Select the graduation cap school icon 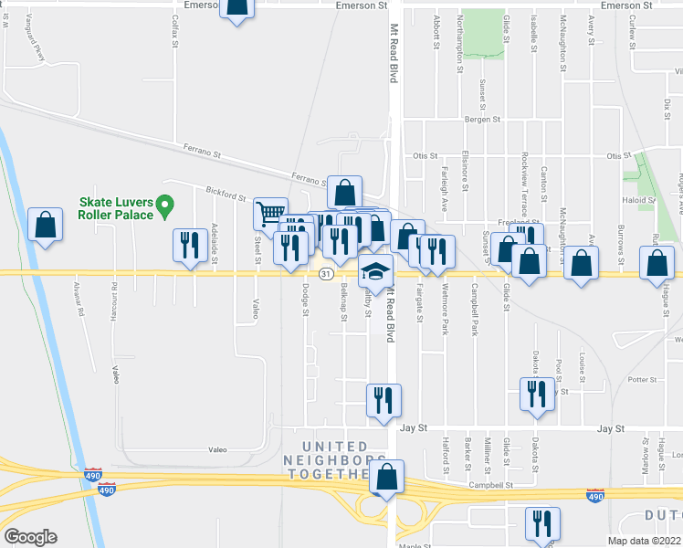pos(374,272)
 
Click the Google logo pos(30,537)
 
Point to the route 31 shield pos(325,274)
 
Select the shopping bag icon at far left pos(45,225)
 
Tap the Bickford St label pos(226,195)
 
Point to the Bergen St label pos(483,119)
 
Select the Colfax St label pos(173,35)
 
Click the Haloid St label pos(639,200)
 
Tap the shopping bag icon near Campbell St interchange pos(386,477)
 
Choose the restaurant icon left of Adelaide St pos(190,245)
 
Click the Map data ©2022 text pos(645,541)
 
